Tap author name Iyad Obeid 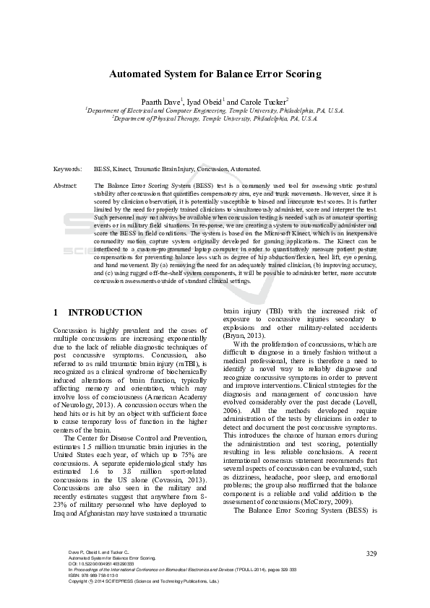205,102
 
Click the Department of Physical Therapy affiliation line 215,118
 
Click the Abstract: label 66,186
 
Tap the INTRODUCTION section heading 106,313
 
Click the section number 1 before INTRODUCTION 56,313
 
